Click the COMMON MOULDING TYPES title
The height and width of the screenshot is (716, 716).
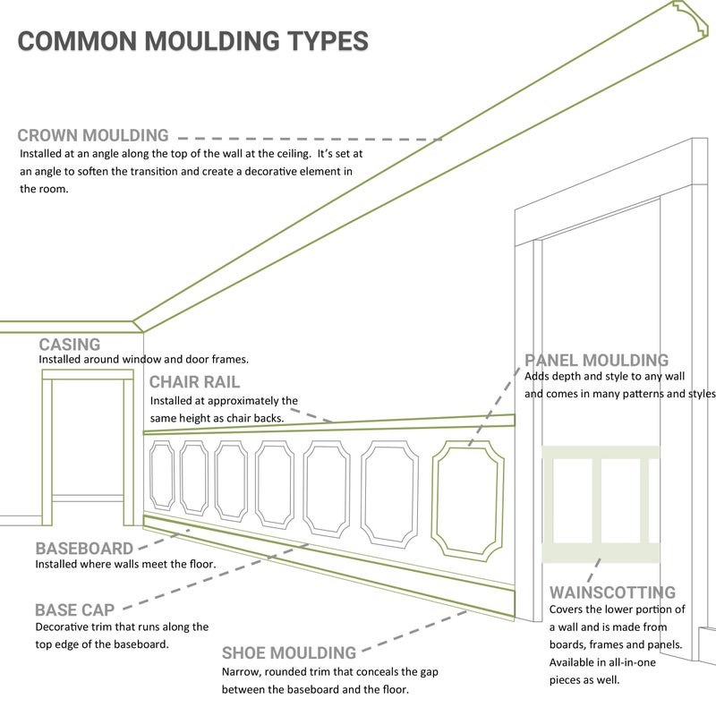pyautogui.click(x=192, y=41)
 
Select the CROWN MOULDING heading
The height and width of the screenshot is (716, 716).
pyautogui.click(x=93, y=136)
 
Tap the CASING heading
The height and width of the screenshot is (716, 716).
pyautogui.click(x=70, y=345)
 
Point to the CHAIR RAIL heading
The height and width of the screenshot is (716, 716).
pyautogui.click(x=194, y=382)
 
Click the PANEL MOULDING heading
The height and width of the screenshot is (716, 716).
pyautogui.click(x=597, y=361)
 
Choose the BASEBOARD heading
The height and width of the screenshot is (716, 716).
pyautogui.click(x=84, y=549)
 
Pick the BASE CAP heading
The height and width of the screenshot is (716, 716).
pyautogui.click(x=75, y=610)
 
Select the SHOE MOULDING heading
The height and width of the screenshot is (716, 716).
pyautogui.click(x=289, y=653)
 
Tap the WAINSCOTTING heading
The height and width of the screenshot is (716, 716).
pyautogui.click(x=612, y=592)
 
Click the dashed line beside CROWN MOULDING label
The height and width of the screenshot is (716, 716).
pyautogui.click(x=309, y=139)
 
